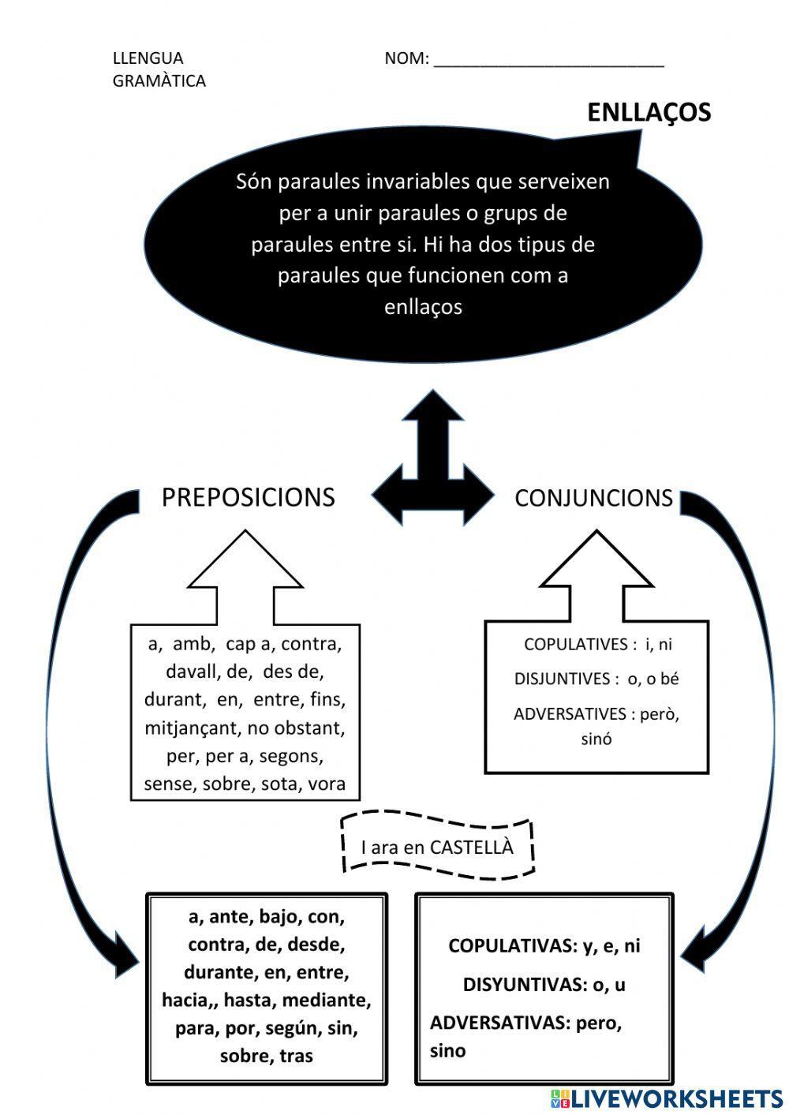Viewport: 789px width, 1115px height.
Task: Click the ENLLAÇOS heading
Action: (x=649, y=112)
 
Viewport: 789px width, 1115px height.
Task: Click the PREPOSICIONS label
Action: (x=248, y=497)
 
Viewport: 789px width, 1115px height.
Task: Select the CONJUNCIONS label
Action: (x=593, y=498)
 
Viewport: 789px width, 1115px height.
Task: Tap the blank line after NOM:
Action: (x=548, y=60)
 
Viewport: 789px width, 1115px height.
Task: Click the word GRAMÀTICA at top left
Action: (x=159, y=81)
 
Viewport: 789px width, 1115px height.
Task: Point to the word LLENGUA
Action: (x=148, y=58)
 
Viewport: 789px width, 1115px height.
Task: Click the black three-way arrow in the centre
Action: (x=432, y=473)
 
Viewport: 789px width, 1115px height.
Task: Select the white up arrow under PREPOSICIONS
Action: (x=245, y=576)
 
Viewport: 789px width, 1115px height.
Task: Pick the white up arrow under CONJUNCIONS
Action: (x=596, y=576)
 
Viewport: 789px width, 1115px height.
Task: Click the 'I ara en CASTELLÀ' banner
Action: (x=437, y=847)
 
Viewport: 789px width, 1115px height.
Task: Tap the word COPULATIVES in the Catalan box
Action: (x=575, y=645)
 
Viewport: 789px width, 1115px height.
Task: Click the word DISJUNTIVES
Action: (x=562, y=679)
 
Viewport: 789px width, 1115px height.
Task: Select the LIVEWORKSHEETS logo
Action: (x=667, y=1098)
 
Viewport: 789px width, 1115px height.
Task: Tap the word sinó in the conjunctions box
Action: (x=596, y=740)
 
